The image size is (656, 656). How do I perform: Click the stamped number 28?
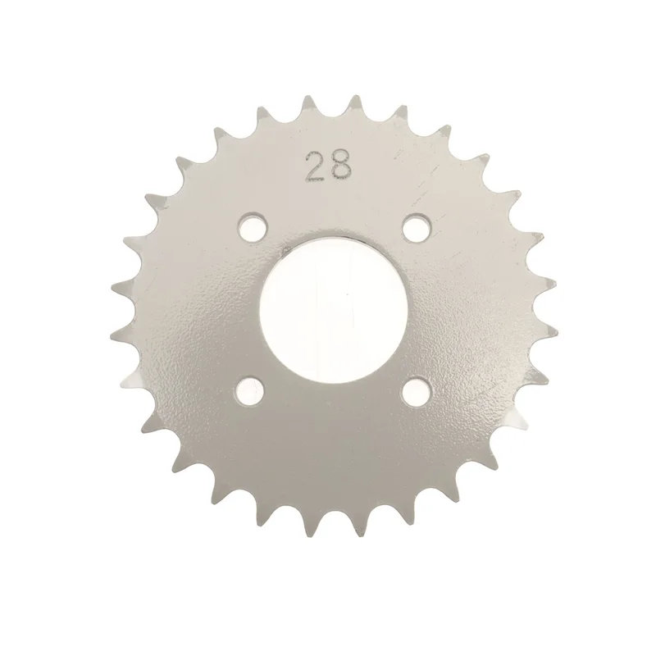coord(329,166)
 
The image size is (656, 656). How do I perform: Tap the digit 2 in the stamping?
coord(317,167)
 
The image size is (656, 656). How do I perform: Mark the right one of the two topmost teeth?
coord(356,107)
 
